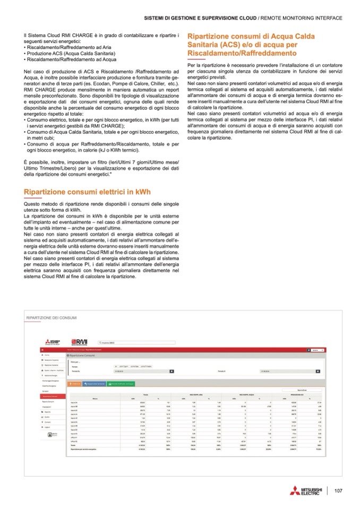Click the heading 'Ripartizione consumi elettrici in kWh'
(87, 192)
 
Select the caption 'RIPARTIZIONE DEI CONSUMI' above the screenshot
(51, 317)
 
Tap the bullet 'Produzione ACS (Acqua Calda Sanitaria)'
(67, 53)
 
